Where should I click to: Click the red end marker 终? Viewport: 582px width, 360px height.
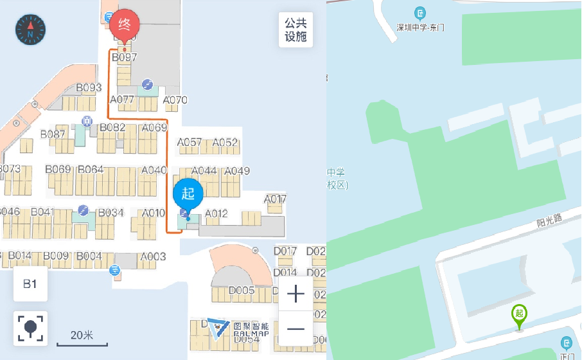125,26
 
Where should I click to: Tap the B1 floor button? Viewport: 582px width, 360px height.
30,283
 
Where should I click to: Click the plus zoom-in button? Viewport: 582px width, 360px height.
295,294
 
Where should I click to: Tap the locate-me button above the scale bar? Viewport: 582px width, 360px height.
30,327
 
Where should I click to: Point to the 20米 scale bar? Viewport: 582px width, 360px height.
82,337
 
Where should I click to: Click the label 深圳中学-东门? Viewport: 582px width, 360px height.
420,28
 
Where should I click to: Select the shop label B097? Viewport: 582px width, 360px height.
125,57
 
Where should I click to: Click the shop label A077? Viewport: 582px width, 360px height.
122,100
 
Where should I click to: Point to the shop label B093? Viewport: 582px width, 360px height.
89,87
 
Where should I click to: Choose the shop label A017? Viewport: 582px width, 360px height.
275,199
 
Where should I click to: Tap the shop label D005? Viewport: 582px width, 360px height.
242,290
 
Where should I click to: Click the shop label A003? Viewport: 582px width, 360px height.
153,256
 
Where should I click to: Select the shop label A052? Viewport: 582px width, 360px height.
225,142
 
